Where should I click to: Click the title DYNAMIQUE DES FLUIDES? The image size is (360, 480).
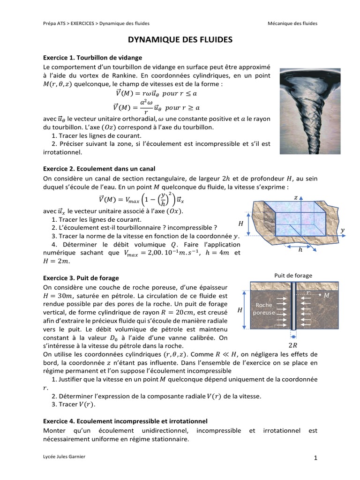pos(180,41)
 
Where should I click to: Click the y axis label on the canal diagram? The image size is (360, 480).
pos(343,230)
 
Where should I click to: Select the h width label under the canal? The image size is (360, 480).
pos(300,250)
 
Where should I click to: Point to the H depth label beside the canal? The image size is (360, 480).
pos(240,223)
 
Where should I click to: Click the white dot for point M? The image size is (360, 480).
pos(320,295)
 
